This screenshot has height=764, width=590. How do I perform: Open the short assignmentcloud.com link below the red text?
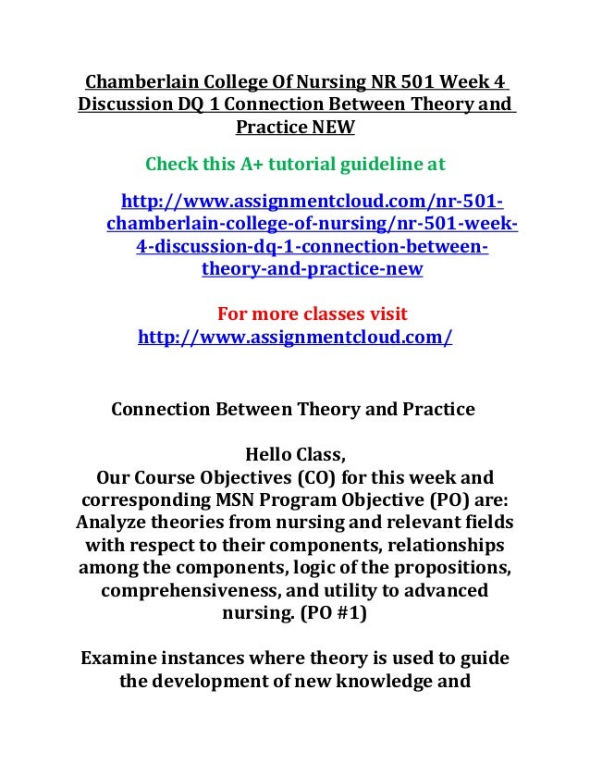[x=294, y=338]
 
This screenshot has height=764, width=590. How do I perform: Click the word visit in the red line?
[x=384, y=314]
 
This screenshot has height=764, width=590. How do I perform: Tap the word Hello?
[x=270, y=455]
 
